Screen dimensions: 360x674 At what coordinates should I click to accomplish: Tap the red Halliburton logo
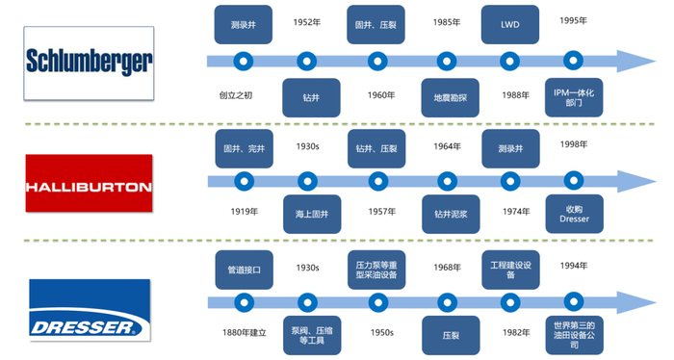coord(89,184)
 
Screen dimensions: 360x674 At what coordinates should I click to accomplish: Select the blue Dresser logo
coord(89,309)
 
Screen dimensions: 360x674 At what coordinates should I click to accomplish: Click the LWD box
coord(510,24)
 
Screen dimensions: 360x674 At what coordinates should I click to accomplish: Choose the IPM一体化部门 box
coord(575,97)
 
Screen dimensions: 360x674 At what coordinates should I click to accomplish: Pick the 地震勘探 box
coord(444,97)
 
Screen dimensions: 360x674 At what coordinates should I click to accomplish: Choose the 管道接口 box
coord(243,269)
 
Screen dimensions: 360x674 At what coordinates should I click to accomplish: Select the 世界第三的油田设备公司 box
coord(575,334)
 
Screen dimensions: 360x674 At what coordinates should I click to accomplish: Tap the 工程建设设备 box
coord(510,269)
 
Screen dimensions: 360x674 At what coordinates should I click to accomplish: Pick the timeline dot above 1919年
coord(244,181)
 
